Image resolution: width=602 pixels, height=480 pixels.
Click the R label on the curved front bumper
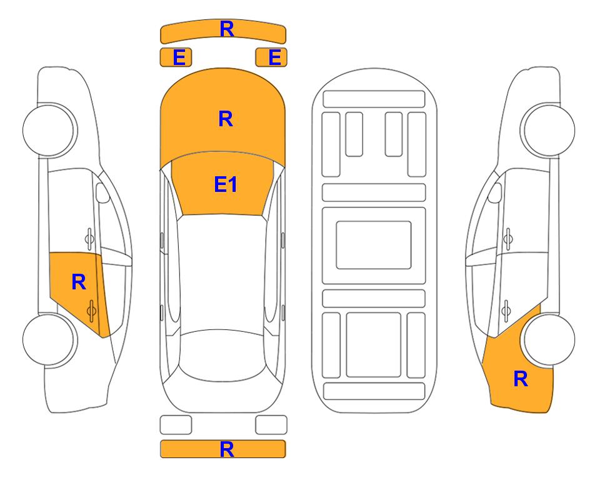pyautogui.click(x=227, y=29)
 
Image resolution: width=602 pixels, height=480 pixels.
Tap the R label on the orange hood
pyautogui.click(x=226, y=119)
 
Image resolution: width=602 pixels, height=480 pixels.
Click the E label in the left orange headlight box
pyautogui.click(x=179, y=57)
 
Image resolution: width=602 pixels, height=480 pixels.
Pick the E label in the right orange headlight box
pyautogui.click(x=275, y=57)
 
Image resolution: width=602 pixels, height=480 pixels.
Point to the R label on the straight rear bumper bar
pyautogui.click(x=227, y=449)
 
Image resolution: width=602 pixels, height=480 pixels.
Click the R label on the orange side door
pyautogui.click(x=79, y=282)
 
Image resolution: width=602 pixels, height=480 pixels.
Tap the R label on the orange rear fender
pyautogui.click(x=521, y=379)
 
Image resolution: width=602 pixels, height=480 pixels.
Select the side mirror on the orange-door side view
pyautogui.click(x=102, y=192)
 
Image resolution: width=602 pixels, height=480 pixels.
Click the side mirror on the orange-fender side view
pyautogui.click(x=495, y=192)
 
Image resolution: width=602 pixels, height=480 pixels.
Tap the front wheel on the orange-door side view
pyautogui.click(x=49, y=130)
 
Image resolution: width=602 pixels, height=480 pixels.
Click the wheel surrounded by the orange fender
pyautogui.click(x=549, y=339)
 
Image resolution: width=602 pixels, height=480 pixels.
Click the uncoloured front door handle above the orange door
pyautogui.click(x=89, y=239)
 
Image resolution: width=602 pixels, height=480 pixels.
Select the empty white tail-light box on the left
pyautogui.click(x=176, y=425)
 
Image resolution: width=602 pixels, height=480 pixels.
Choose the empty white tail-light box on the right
pyautogui.click(x=271, y=425)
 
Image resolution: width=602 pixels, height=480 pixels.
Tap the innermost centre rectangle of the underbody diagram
pyautogui.click(x=374, y=245)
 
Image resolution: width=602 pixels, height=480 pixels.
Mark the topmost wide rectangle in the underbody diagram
pyautogui.click(x=374, y=99)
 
